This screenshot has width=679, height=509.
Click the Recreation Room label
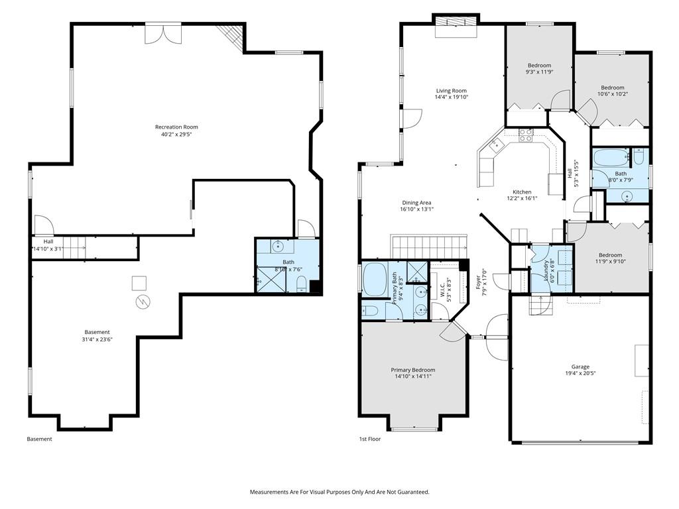(176, 127)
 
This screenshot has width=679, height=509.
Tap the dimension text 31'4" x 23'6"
(97, 339)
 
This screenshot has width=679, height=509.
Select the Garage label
(580, 367)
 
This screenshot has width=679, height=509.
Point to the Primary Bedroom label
(413, 370)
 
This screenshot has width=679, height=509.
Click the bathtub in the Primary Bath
(375, 279)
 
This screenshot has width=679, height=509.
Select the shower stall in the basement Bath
(271, 279)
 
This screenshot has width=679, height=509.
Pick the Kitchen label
(522, 192)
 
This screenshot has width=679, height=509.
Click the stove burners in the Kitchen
(526, 135)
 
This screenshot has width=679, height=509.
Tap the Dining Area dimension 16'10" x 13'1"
(416, 209)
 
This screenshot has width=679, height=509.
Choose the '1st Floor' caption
(370, 439)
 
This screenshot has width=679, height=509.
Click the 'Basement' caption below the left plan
(39, 439)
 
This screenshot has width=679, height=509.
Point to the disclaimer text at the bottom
(339, 492)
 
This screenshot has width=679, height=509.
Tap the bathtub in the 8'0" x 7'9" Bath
(611, 158)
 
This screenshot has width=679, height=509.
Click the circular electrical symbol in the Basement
(143, 302)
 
